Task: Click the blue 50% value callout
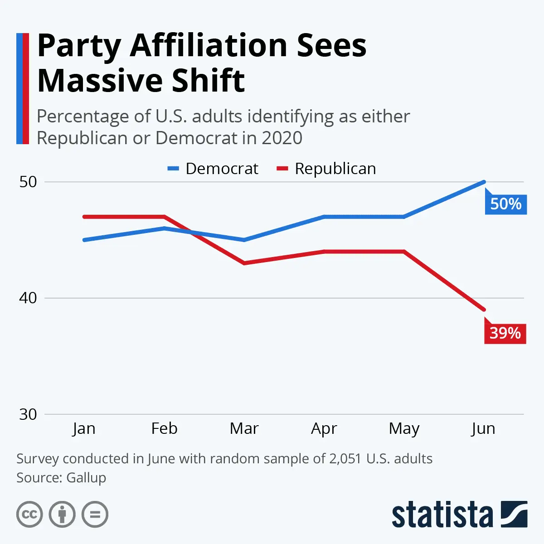[x=505, y=204]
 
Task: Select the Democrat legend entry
[x=213, y=169]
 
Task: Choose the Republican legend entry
[x=326, y=169]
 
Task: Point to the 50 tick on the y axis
[x=28, y=182]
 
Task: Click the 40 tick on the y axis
[x=28, y=298]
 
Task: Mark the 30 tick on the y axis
[x=28, y=414]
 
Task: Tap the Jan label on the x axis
[x=84, y=428]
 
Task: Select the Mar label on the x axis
[x=244, y=428]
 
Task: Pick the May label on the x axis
[x=404, y=428]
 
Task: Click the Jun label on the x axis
[x=483, y=428]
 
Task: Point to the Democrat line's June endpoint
[x=484, y=182]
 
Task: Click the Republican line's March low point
[x=244, y=263]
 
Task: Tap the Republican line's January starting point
[x=84, y=217]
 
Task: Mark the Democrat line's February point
[x=164, y=228]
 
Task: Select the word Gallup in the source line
[x=86, y=477]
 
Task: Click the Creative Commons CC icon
[x=29, y=515]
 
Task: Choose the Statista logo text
[x=442, y=515]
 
